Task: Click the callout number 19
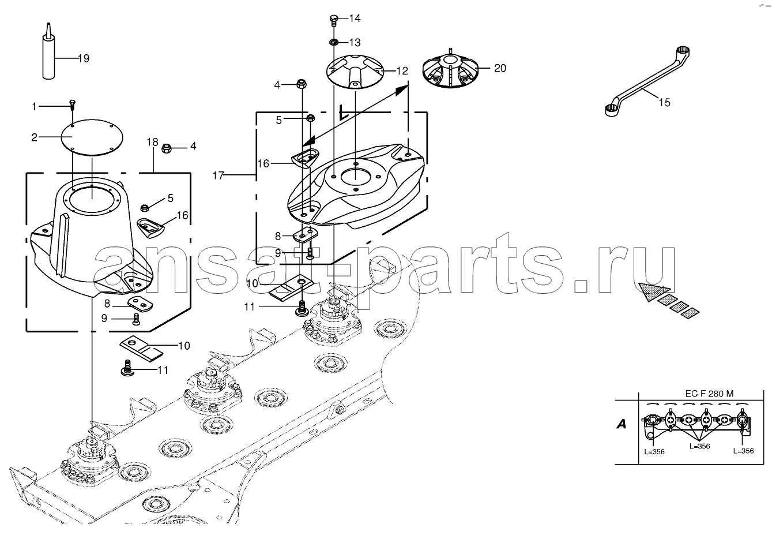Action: (x=84, y=58)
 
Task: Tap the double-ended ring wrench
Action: (x=648, y=82)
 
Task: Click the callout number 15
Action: (x=664, y=103)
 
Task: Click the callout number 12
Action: (x=402, y=71)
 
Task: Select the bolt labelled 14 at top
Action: (x=334, y=20)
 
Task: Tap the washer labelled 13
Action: (x=334, y=43)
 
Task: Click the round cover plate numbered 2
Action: (x=92, y=137)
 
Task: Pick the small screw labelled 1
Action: (x=73, y=105)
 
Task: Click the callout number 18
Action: (x=152, y=142)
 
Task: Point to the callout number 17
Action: (x=219, y=175)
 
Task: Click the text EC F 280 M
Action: (x=709, y=394)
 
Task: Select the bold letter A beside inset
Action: (x=622, y=424)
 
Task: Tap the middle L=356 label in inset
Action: (x=699, y=446)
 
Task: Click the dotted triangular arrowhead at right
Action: (x=653, y=291)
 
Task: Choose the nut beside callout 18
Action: (x=167, y=148)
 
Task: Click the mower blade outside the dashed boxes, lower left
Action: (x=141, y=349)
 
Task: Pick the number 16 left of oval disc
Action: (x=263, y=163)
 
